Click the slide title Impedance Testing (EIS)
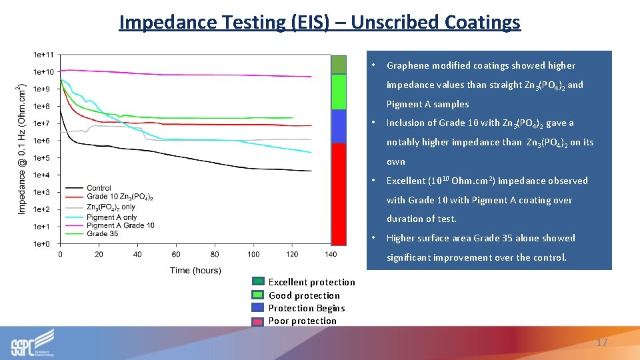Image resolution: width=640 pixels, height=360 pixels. tap(319, 22)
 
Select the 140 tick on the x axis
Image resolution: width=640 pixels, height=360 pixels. tap(331, 254)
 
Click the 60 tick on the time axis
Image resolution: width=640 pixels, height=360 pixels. tap(176, 254)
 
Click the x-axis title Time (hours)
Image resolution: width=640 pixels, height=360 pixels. tap(195, 270)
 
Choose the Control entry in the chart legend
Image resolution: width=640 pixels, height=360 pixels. tap(99, 188)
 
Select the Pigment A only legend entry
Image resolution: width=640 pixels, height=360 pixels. tap(111, 217)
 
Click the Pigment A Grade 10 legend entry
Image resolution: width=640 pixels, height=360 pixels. tap(120, 225)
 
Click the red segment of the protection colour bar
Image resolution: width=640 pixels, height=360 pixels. tap(339, 194)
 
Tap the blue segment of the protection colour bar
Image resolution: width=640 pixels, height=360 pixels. tap(339, 126)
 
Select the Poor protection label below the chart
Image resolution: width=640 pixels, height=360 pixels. tap(302, 321)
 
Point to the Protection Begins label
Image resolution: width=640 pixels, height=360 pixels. tap(306, 308)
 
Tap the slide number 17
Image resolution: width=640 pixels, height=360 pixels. tap(601, 342)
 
